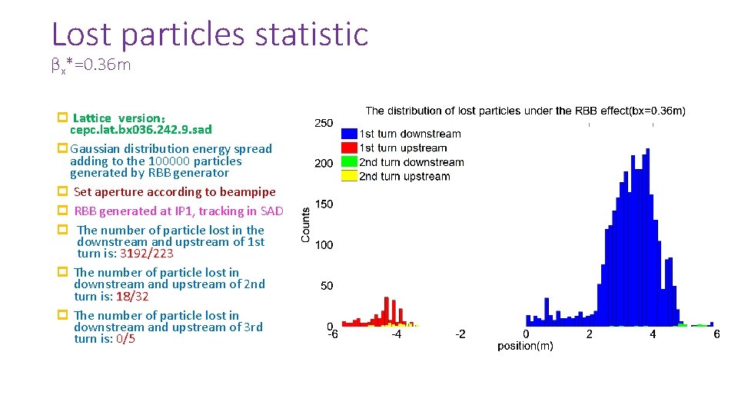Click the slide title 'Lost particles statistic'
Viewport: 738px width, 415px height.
(x=209, y=35)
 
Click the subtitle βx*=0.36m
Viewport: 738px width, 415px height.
(x=91, y=65)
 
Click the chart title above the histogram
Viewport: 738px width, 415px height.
(x=525, y=111)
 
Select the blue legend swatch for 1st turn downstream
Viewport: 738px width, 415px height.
(x=349, y=134)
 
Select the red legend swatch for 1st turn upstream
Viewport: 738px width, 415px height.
(x=349, y=148)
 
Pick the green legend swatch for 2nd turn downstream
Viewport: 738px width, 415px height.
(x=349, y=162)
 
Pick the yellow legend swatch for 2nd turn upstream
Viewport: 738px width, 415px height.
(x=349, y=176)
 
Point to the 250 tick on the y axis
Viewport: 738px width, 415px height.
(x=324, y=123)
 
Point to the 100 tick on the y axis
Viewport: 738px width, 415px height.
(x=324, y=245)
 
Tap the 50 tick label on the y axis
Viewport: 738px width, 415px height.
(x=327, y=286)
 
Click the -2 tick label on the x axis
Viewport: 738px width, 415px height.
(x=459, y=334)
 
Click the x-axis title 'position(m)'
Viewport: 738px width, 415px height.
(x=525, y=347)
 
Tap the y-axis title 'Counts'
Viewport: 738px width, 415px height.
(x=305, y=224)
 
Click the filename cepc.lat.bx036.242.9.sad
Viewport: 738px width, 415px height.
(x=141, y=130)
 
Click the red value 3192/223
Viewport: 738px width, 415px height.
(x=146, y=254)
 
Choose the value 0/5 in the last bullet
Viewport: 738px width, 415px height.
(x=125, y=339)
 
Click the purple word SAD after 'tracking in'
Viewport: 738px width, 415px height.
(x=271, y=211)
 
